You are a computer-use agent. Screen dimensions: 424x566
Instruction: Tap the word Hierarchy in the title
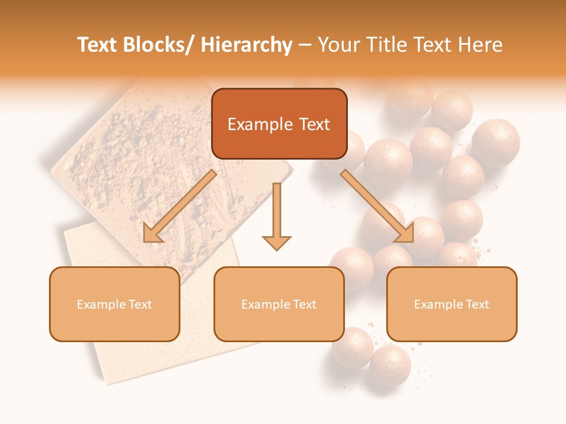[246, 45]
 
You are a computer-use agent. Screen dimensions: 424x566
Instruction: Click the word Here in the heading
[481, 45]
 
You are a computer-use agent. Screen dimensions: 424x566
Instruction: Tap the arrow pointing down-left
[180, 206]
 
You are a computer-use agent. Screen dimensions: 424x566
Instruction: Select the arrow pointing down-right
[377, 206]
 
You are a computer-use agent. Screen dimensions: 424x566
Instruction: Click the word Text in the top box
[313, 124]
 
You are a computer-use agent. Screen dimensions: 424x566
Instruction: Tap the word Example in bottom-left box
[101, 304]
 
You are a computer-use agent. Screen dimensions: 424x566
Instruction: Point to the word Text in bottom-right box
[477, 304]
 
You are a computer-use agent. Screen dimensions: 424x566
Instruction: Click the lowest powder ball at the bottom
[390, 365]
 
